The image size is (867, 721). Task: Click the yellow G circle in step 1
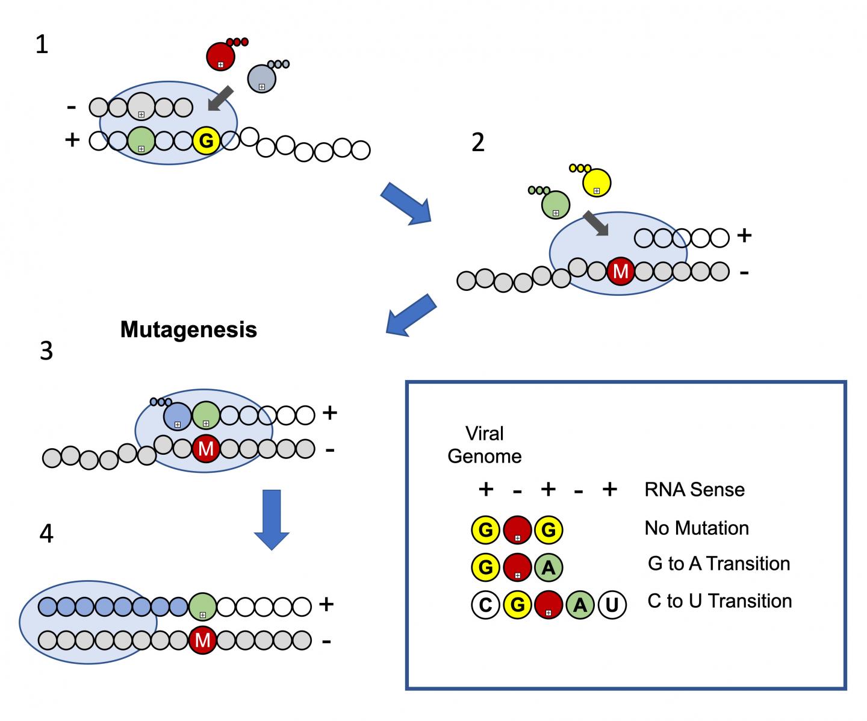point(206,141)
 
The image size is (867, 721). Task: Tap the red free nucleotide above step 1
point(220,57)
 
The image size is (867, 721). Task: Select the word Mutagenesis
point(188,329)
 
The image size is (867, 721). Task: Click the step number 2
point(477,143)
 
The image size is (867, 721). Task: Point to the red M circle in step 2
point(620,272)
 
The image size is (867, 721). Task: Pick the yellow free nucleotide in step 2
point(597,183)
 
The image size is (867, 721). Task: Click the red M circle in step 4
point(203,640)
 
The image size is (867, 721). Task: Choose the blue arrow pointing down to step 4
point(272,519)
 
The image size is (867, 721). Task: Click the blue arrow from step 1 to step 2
point(406,203)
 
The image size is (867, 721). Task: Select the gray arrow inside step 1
point(220,98)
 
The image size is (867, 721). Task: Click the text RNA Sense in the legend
point(694,490)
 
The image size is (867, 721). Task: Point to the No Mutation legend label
point(697,528)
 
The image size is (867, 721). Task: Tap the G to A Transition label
point(719,564)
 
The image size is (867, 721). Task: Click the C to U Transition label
point(719,601)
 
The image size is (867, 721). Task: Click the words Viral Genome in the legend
point(485,445)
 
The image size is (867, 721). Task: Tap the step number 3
point(46,351)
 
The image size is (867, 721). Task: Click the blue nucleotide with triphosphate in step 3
point(178,416)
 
